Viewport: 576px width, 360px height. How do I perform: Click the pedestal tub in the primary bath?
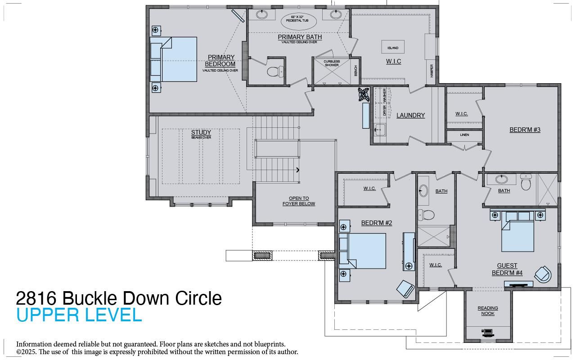(x=299, y=21)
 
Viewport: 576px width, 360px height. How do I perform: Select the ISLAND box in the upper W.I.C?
(x=393, y=47)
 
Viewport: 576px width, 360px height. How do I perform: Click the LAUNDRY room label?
(x=410, y=116)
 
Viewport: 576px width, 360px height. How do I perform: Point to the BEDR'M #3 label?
(x=525, y=130)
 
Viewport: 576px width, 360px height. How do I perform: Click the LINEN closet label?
(x=464, y=135)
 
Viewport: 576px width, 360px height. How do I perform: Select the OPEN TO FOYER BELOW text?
(x=299, y=201)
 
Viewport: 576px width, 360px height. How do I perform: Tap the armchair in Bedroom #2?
(x=406, y=288)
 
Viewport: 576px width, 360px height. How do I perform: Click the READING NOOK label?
(x=488, y=310)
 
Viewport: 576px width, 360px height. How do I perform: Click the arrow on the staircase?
(x=297, y=170)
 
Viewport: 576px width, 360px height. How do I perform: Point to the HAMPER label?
(x=432, y=70)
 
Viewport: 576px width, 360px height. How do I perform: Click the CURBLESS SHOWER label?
(x=332, y=63)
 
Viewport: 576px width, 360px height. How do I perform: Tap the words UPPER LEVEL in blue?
(x=79, y=315)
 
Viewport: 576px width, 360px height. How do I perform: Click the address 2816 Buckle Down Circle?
(x=119, y=298)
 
